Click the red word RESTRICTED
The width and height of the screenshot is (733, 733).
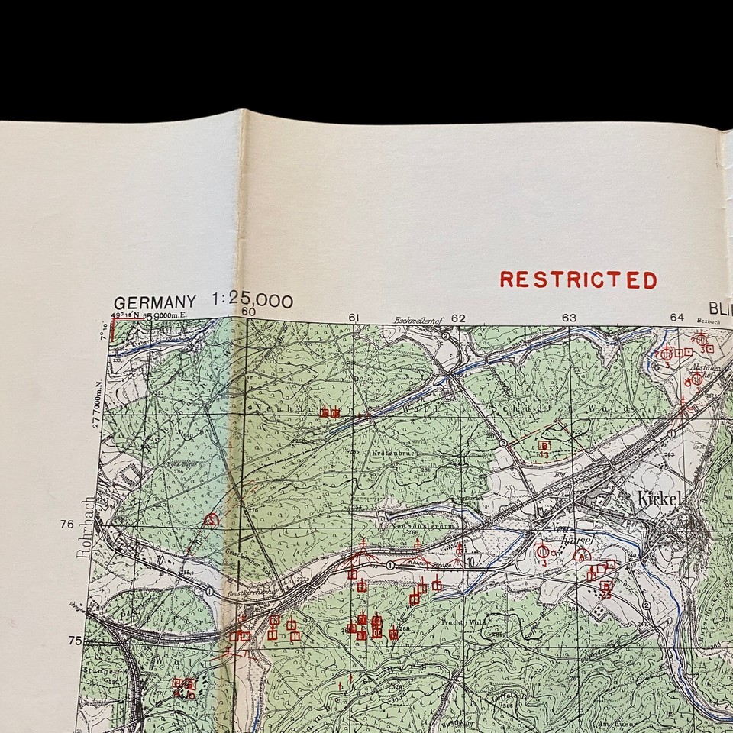click(578, 280)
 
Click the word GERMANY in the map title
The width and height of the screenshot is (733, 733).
click(154, 302)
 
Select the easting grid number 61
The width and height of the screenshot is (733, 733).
click(354, 318)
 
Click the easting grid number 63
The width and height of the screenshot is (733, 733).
click(569, 318)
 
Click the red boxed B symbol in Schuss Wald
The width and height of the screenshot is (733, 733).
click(544, 445)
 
